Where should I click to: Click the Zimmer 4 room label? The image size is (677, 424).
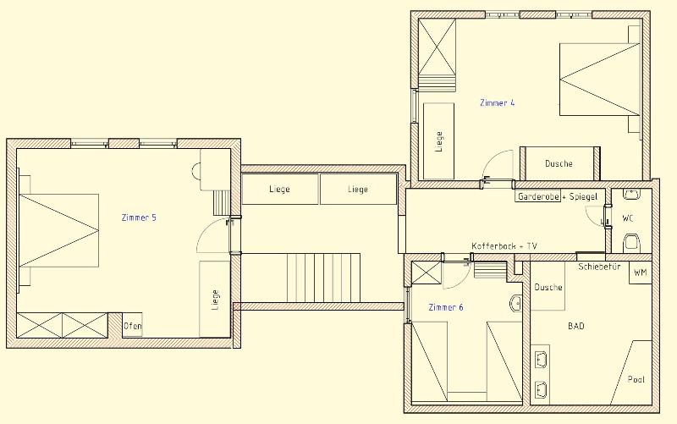[497, 103]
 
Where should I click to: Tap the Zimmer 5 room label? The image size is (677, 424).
[139, 218]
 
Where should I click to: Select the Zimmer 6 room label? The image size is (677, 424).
[446, 307]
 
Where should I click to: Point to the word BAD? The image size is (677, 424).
[576, 326]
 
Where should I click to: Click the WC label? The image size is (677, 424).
[628, 218]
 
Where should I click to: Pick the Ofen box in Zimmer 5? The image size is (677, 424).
[132, 325]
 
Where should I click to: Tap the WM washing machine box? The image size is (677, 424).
[640, 273]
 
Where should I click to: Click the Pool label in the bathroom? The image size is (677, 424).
[636, 379]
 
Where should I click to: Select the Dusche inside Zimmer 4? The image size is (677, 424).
[559, 163]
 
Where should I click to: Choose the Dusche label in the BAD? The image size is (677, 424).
[548, 287]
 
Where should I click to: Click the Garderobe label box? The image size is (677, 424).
[538, 196]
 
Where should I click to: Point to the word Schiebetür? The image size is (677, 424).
[599, 267]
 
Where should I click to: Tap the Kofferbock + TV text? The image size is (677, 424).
[504, 246]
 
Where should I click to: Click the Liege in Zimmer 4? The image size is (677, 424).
[438, 141]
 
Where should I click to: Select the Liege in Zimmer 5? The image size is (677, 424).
[215, 299]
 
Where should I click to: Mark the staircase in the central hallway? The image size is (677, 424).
[323, 278]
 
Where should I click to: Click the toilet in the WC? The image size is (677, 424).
[630, 243]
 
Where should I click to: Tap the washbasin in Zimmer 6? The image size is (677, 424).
[516, 303]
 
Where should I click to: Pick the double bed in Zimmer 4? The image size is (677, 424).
[599, 80]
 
